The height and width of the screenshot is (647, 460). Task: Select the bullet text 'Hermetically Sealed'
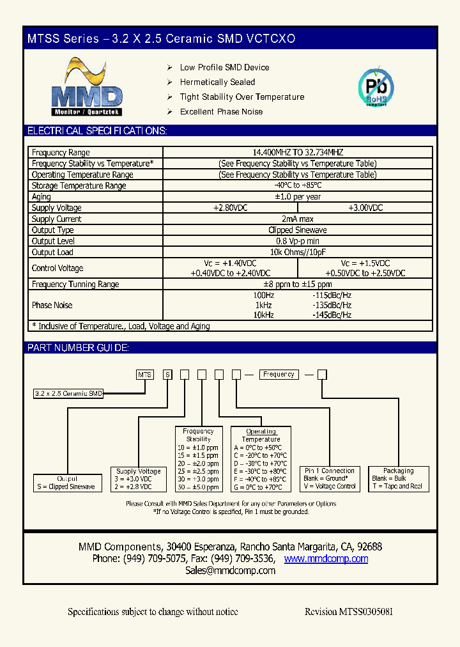pyautogui.click(x=217, y=82)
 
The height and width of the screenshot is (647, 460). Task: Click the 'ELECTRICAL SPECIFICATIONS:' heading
pyautogui.click(x=97, y=131)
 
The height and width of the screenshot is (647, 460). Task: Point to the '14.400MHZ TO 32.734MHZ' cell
pyautogui.click(x=298, y=153)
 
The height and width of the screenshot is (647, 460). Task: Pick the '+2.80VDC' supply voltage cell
pyautogui.click(x=230, y=208)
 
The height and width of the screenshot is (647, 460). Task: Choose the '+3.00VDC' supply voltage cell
pyautogui.click(x=365, y=208)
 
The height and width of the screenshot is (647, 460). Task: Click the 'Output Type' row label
pyautogui.click(x=53, y=230)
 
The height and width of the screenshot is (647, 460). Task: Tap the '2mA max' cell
pyautogui.click(x=298, y=219)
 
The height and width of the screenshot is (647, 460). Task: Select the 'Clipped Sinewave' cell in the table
pyautogui.click(x=298, y=230)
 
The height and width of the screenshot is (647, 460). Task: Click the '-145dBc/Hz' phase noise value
pyautogui.click(x=332, y=315)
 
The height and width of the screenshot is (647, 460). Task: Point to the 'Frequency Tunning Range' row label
pyautogui.click(x=75, y=285)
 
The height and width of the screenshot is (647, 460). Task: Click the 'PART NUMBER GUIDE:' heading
pyautogui.click(x=78, y=348)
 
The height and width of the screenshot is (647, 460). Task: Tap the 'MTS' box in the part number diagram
pyautogui.click(x=145, y=375)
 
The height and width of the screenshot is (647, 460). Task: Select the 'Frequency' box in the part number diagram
pyautogui.click(x=279, y=375)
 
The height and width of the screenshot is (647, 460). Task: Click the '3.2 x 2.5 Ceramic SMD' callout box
pyautogui.click(x=68, y=394)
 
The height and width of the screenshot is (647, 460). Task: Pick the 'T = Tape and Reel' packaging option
pyautogui.click(x=397, y=487)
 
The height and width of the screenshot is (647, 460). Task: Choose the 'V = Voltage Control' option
pyautogui.click(x=330, y=487)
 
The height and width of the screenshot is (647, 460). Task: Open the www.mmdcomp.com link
pyautogui.click(x=326, y=559)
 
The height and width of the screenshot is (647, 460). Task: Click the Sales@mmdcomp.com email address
pyautogui.click(x=230, y=571)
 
